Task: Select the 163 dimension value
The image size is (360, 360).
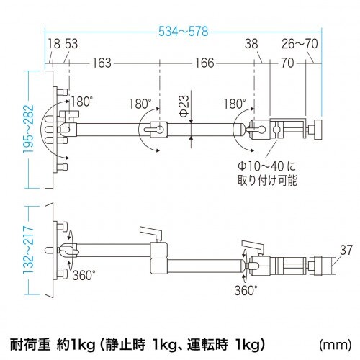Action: [102, 63]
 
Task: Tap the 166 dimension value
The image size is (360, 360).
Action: [204, 63]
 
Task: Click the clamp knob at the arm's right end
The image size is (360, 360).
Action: [315, 130]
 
